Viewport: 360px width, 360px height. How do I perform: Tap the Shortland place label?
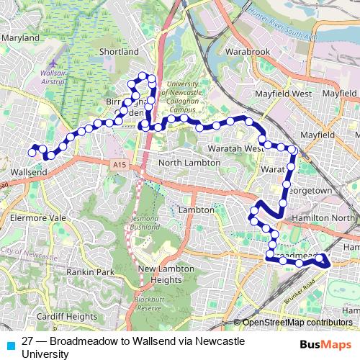(x=119, y=52)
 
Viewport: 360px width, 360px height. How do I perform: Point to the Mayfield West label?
(x=283, y=94)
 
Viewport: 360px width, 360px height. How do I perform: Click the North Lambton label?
(x=189, y=163)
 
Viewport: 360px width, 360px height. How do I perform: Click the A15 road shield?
(x=120, y=166)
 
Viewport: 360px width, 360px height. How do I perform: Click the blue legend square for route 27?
(x=10, y=344)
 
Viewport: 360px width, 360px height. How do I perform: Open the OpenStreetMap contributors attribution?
(x=299, y=323)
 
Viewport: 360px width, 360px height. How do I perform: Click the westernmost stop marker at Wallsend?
(x=32, y=153)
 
